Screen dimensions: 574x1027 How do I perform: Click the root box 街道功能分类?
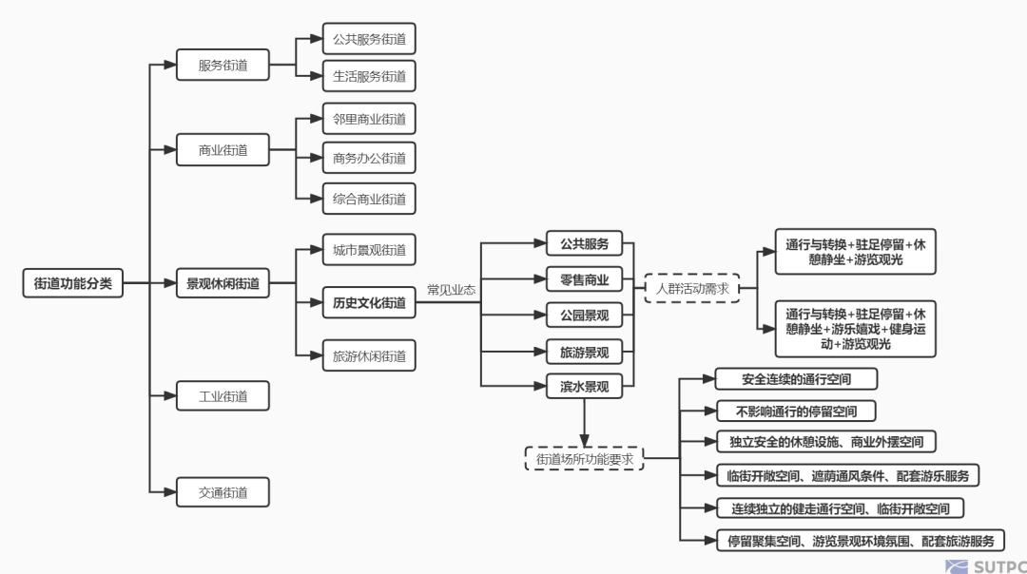tap(72, 283)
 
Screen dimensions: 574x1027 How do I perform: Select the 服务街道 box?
tap(223, 66)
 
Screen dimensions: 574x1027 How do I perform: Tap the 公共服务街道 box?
tap(369, 39)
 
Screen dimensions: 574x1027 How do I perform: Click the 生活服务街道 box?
tap(369, 76)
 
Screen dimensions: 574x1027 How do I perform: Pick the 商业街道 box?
tap(223, 150)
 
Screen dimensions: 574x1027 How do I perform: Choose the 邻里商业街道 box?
tap(369, 119)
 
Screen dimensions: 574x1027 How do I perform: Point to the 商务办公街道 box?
tap(369, 159)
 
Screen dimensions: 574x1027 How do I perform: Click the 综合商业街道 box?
tap(369, 199)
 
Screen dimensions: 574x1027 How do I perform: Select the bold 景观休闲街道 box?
tap(223, 283)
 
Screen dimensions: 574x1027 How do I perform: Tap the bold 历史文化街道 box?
tap(369, 303)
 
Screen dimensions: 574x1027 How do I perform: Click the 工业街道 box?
tap(223, 396)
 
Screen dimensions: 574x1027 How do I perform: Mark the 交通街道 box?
tap(223, 492)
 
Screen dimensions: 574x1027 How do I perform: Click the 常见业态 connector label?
tap(451, 290)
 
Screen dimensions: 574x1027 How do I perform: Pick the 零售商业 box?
tap(584, 278)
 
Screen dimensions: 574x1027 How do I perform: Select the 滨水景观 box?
tap(584, 387)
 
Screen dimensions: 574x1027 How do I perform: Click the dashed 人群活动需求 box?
tap(691, 288)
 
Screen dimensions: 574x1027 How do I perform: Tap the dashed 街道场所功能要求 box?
tap(584, 459)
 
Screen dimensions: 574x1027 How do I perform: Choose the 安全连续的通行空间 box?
tap(796, 379)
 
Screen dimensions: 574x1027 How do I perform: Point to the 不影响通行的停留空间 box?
tap(796, 411)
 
